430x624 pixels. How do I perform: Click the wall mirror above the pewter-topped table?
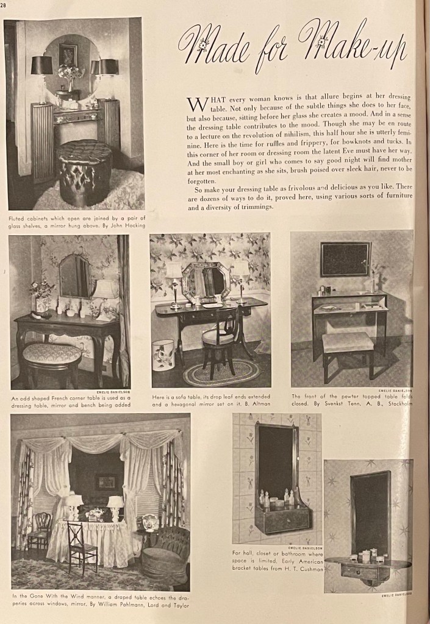click(x=346, y=258)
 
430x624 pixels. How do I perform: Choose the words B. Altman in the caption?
click(x=258, y=403)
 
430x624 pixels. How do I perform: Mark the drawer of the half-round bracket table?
click(x=364, y=572)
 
